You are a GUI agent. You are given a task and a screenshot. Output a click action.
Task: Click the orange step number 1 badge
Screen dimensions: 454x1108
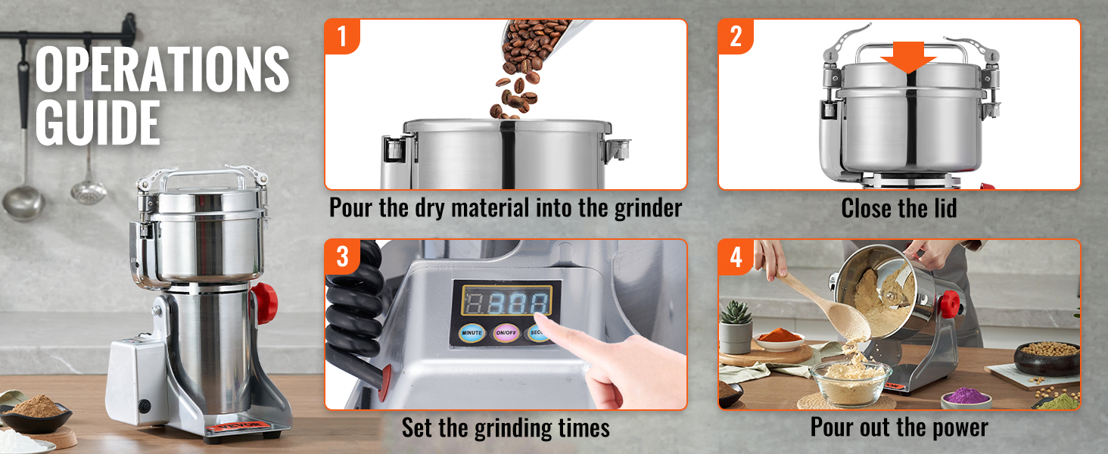(342, 36)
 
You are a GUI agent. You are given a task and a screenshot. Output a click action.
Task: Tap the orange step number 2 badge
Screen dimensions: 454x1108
(736, 36)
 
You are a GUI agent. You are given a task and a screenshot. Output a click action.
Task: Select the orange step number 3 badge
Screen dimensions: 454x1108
(342, 257)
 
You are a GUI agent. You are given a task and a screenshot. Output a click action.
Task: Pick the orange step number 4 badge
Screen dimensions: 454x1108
(736, 257)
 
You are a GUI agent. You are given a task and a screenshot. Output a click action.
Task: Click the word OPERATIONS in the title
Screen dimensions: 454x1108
(162, 70)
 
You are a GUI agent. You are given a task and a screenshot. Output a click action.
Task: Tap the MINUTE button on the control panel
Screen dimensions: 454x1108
(472, 332)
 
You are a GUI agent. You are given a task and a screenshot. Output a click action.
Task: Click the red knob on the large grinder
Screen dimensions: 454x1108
(265, 303)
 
